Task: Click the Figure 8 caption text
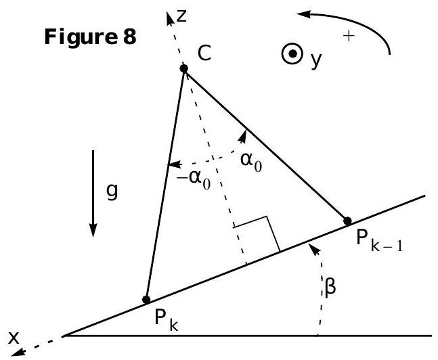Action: (x=90, y=37)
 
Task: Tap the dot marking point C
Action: (x=183, y=68)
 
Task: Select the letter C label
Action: (x=204, y=53)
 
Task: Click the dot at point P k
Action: (x=146, y=300)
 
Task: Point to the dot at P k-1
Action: (x=347, y=221)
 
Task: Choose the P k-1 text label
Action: (x=379, y=241)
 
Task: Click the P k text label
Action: (x=167, y=320)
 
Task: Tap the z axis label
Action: (x=181, y=16)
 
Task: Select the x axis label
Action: (x=14, y=338)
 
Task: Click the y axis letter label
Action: (x=316, y=59)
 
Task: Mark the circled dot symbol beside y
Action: (x=292, y=53)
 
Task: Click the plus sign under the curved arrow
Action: (x=349, y=36)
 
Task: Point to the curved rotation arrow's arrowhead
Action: (x=303, y=14)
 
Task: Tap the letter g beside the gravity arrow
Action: (x=112, y=192)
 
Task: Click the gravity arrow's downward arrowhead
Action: (x=93, y=230)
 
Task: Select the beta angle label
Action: (x=330, y=288)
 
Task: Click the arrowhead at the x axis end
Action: (x=18, y=353)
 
